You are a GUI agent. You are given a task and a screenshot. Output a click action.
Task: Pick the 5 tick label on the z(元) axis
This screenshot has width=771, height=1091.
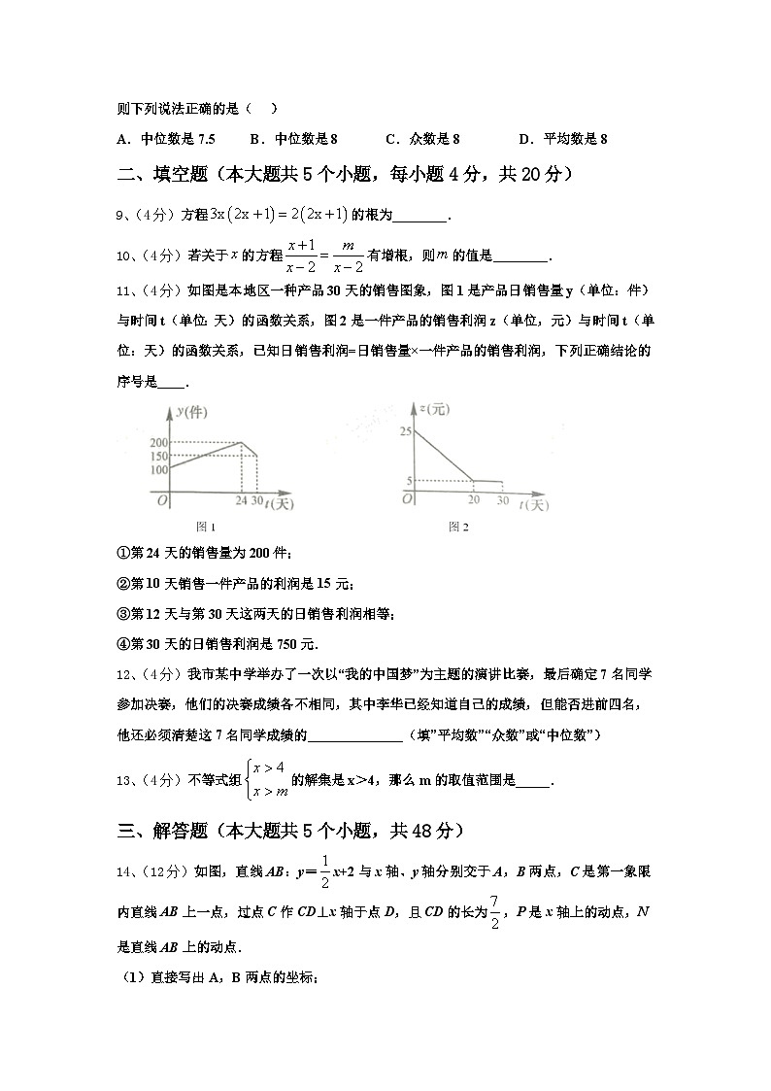[409, 480]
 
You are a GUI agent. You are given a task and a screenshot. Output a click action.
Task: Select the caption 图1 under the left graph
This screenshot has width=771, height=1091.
[205, 527]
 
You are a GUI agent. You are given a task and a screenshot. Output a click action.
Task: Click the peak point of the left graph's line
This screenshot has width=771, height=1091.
[242, 443]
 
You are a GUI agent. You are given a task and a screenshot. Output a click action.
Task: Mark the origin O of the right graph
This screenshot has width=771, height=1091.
[408, 498]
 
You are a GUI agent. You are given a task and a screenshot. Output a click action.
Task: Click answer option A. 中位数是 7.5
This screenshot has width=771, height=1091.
[165, 139]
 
